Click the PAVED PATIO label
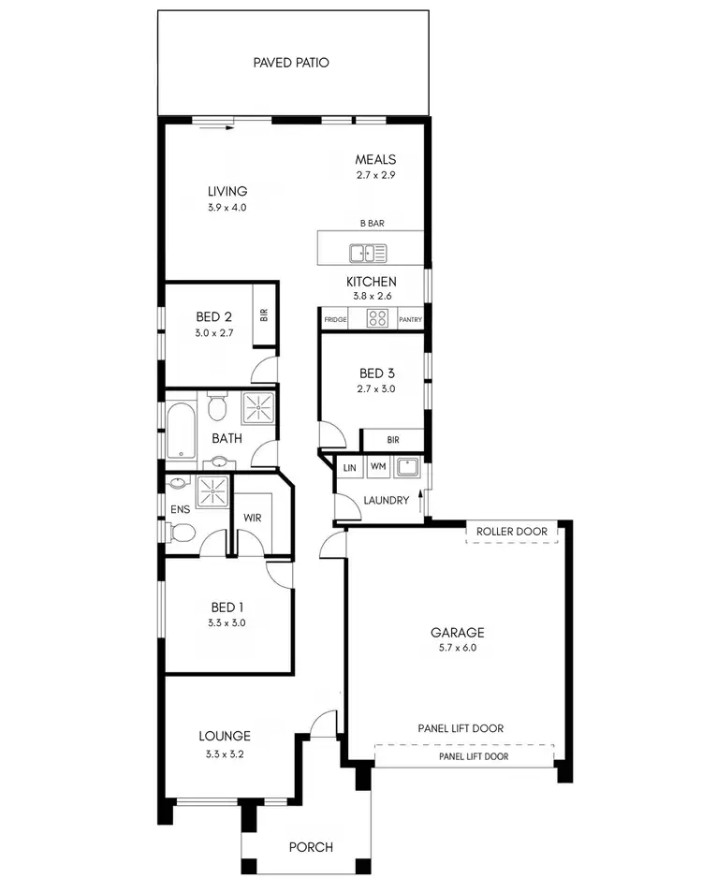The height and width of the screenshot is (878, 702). click(x=291, y=63)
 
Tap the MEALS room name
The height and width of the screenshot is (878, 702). click(x=375, y=159)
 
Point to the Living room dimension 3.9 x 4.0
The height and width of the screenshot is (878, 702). click(x=227, y=208)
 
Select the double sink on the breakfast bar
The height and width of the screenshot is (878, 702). click(x=369, y=252)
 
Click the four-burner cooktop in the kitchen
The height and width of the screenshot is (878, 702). click(x=377, y=318)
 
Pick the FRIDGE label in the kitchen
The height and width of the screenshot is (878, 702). click(x=336, y=320)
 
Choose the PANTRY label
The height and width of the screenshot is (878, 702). click(x=410, y=320)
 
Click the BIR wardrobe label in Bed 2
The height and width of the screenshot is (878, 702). click(x=264, y=315)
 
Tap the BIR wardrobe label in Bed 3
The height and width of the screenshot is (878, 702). click(x=393, y=440)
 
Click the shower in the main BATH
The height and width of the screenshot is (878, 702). click(x=259, y=409)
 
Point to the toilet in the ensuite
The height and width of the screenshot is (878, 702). click(x=183, y=534)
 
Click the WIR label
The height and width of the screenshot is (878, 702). click(x=253, y=517)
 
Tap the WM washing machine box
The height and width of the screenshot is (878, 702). click(x=378, y=466)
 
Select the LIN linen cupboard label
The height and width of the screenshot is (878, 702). click(x=350, y=467)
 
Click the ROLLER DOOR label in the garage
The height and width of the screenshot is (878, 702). click(x=511, y=532)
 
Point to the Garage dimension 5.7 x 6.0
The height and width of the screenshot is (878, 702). click(x=458, y=647)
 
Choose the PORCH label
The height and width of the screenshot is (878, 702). click(x=311, y=847)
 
